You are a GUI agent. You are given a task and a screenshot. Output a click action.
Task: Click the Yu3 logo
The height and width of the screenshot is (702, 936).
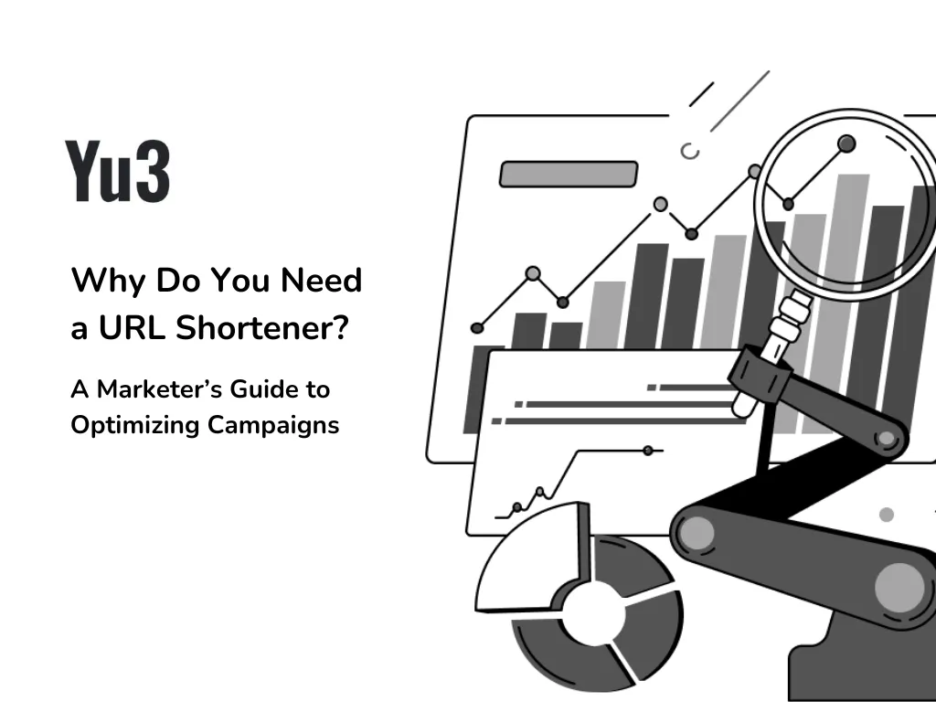click(x=118, y=171)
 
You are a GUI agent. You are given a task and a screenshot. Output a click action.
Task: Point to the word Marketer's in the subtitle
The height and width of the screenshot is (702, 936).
click(x=159, y=389)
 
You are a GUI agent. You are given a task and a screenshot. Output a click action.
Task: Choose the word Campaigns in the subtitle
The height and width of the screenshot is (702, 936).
click(x=273, y=426)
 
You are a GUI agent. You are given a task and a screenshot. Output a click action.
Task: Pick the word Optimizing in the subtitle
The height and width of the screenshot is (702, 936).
click(x=135, y=426)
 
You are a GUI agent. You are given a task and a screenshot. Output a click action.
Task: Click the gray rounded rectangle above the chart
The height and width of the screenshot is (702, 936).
click(x=569, y=175)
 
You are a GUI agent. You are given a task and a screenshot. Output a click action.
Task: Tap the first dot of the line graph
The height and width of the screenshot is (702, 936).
click(x=477, y=328)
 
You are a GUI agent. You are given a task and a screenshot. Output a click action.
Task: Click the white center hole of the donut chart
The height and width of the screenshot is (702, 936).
click(x=594, y=615)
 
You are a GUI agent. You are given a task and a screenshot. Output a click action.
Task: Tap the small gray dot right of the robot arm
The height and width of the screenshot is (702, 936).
click(x=887, y=515)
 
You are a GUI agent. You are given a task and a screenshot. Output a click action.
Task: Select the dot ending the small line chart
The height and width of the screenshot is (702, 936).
click(x=648, y=451)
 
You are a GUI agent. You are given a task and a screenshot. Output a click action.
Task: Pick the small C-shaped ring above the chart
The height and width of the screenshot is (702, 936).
click(x=690, y=152)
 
